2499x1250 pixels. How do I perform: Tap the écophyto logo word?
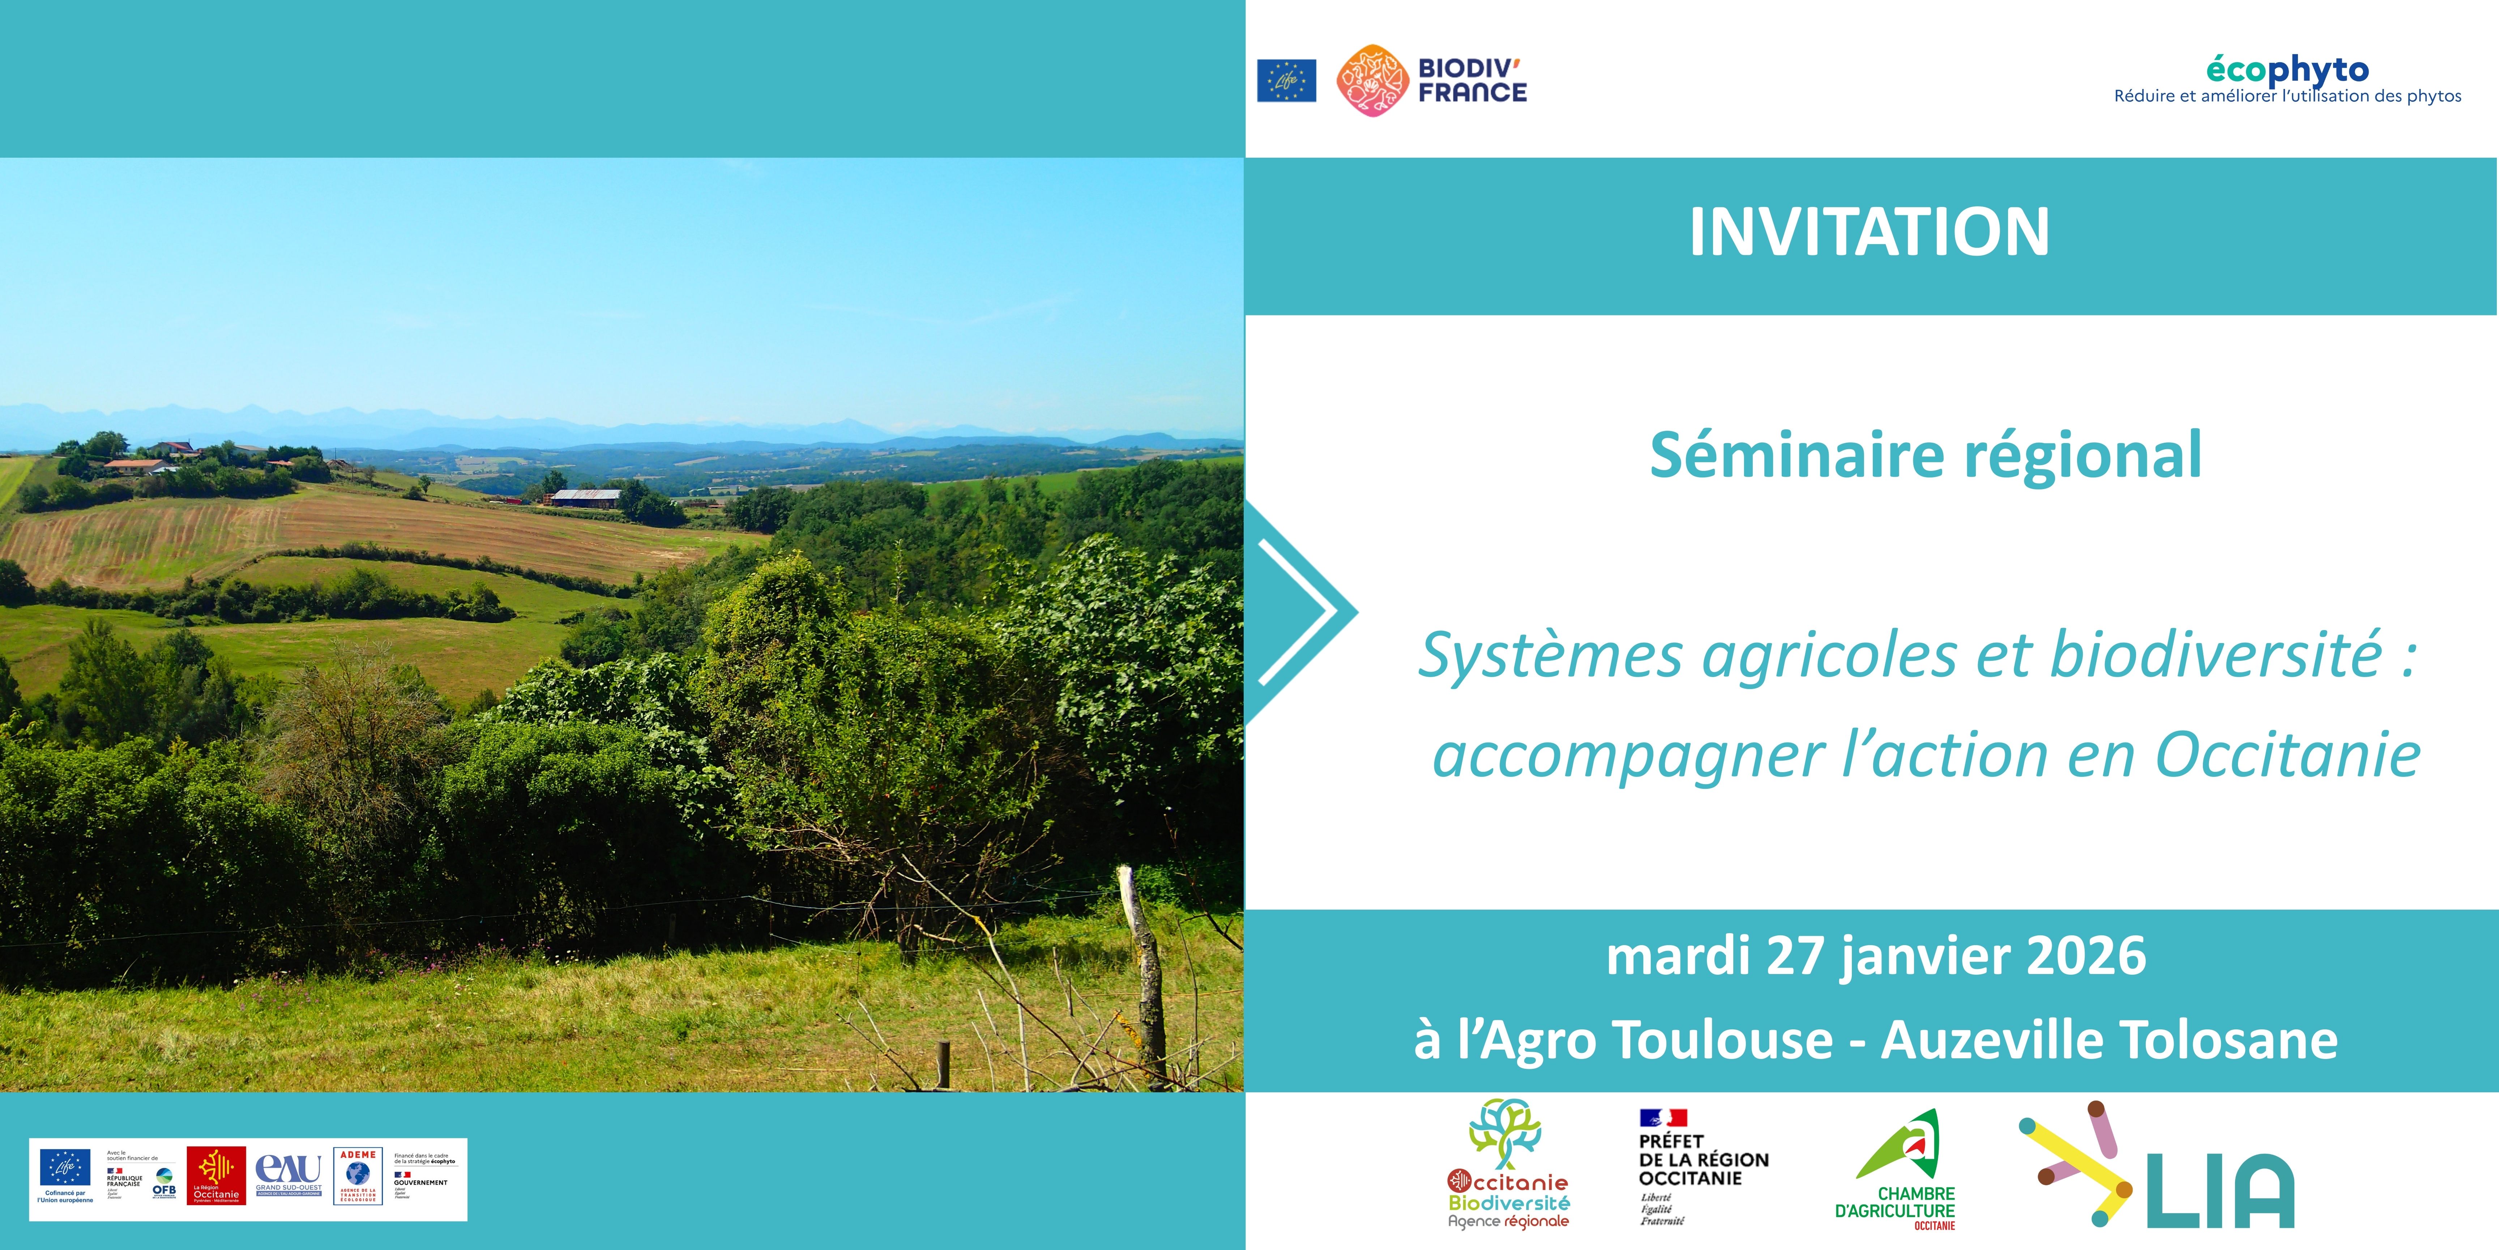tap(2287, 70)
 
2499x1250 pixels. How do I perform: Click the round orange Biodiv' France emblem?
tap(1372, 81)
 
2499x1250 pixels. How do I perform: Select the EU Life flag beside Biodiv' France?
tap(1286, 81)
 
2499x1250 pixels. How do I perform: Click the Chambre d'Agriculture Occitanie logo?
tap(1897, 1169)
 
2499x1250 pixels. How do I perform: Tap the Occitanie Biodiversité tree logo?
tap(1507, 1165)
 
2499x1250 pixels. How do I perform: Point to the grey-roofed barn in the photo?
tap(585, 497)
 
